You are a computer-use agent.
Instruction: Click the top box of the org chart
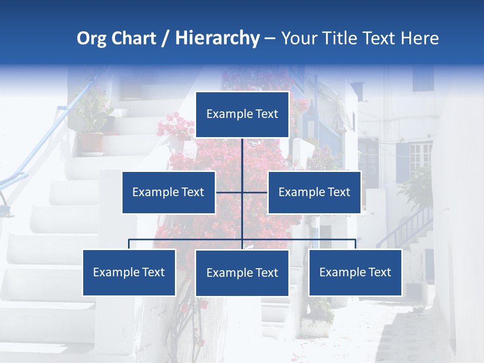(x=242, y=114)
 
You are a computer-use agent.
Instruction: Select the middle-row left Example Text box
(x=168, y=192)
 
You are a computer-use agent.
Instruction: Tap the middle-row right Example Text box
(x=314, y=192)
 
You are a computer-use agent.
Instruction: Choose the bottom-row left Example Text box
(x=129, y=272)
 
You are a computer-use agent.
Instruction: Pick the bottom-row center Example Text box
(x=242, y=273)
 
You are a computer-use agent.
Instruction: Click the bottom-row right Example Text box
(x=355, y=272)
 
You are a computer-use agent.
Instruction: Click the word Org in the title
(x=91, y=38)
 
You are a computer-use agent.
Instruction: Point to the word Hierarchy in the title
(x=217, y=38)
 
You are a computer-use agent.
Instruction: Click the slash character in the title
(x=166, y=38)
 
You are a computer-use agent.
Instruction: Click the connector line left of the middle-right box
(x=255, y=192)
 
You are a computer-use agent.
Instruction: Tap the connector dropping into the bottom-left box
(x=129, y=244)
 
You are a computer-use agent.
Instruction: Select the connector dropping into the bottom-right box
(x=355, y=244)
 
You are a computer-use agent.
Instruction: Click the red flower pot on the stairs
(x=91, y=142)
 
